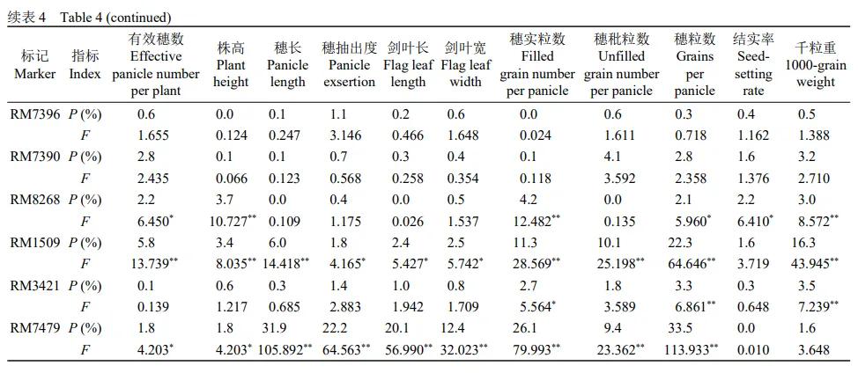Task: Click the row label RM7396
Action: [x=35, y=113]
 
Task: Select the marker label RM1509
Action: [x=35, y=242]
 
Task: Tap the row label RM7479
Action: [x=35, y=328]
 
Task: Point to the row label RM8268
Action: [x=35, y=199]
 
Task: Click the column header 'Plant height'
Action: [x=231, y=64]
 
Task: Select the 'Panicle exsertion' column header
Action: [x=350, y=64]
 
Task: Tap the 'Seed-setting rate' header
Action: [x=753, y=64]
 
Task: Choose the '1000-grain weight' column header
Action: [x=815, y=65]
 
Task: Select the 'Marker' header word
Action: [x=35, y=74]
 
